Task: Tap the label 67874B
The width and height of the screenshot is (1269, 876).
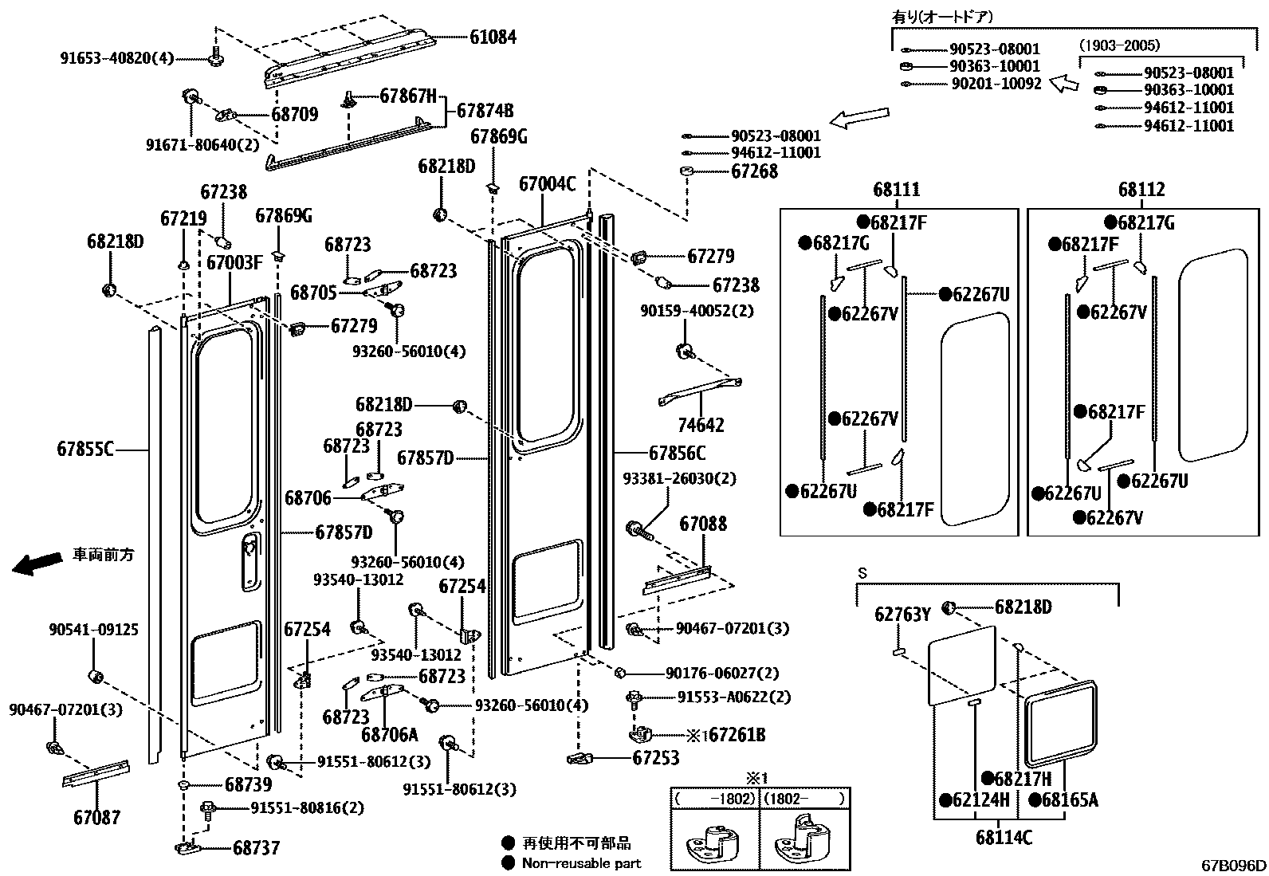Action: click(x=485, y=112)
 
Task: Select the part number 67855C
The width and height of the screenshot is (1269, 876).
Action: click(x=85, y=450)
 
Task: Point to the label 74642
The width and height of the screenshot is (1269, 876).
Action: click(x=701, y=425)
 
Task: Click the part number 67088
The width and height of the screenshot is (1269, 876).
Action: click(x=703, y=524)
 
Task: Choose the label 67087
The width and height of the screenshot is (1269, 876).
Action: click(x=96, y=817)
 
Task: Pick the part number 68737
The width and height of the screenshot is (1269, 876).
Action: click(x=256, y=848)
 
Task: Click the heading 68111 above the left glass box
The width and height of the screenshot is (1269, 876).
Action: click(x=897, y=190)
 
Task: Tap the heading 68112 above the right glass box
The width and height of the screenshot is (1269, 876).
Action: click(x=1141, y=190)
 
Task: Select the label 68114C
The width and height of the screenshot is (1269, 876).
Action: click(x=1004, y=838)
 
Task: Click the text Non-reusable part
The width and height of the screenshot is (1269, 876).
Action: click(x=581, y=863)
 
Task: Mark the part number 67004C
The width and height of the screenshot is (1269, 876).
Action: click(x=547, y=185)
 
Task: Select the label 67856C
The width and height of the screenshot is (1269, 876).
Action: click(x=677, y=454)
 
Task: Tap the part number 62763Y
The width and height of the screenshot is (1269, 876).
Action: click(x=902, y=614)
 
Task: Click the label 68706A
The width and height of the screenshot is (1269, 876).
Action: click(x=389, y=735)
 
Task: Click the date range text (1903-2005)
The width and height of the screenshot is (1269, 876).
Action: click(x=1119, y=46)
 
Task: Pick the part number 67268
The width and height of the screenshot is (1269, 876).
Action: click(x=754, y=171)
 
